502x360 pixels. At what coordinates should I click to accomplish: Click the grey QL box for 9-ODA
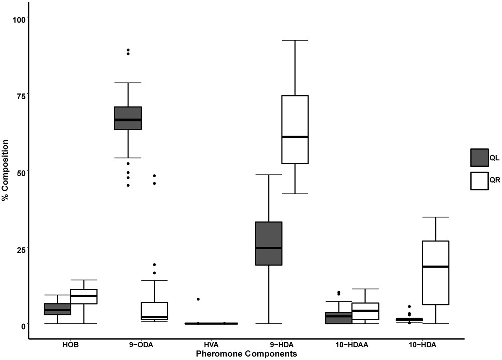pyautogui.click(x=128, y=118)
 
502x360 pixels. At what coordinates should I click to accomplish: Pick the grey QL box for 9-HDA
pyautogui.click(x=269, y=243)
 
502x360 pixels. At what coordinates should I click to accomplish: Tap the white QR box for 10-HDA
pyautogui.click(x=435, y=272)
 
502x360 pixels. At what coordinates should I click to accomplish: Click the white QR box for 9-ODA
pyautogui.click(x=154, y=311)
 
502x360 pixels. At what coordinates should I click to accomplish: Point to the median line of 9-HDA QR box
pyautogui.click(x=295, y=137)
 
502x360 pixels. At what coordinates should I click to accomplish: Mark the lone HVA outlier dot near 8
pyautogui.click(x=198, y=299)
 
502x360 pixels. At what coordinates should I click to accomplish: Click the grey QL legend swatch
pyautogui.click(x=479, y=158)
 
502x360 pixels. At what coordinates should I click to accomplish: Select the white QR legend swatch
pyautogui.click(x=479, y=181)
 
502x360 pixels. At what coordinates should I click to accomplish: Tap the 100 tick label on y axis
pyautogui.click(x=19, y=20)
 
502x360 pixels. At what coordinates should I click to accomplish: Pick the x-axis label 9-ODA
pyautogui.click(x=141, y=345)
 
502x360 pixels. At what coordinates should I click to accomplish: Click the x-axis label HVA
pyautogui.click(x=211, y=345)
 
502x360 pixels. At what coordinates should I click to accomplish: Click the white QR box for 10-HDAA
pyautogui.click(x=365, y=311)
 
